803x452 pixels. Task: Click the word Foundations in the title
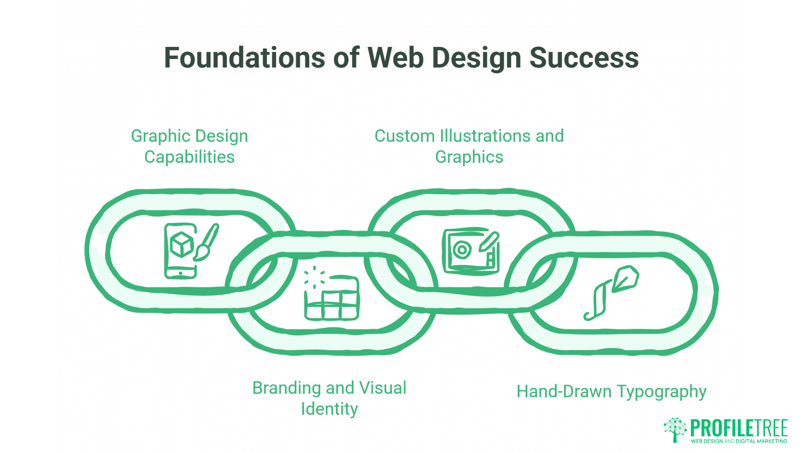[x=244, y=58]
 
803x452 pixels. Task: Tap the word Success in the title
[x=584, y=58]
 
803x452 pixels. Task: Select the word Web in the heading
[x=396, y=58]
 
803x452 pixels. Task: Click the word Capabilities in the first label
[x=189, y=157]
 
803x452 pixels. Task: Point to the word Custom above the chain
[x=404, y=136]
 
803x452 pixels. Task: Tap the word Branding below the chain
[x=286, y=388]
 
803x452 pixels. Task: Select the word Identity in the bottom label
[x=329, y=409]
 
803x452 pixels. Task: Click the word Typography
[x=661, y=392]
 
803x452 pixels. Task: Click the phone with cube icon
[x=180, y=250]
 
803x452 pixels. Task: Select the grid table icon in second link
[x=332, y=298]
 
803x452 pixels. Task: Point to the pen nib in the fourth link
[x=626, y=278]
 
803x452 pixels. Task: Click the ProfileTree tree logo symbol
[x=675, y=429]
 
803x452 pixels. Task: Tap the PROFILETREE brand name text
[x=739, y=428]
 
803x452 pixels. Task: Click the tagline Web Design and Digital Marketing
[x=739, y=441]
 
